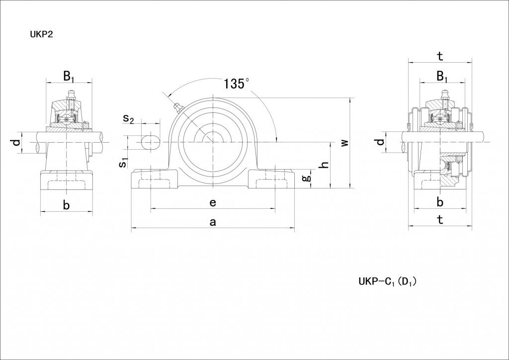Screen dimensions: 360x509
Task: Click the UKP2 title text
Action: tap(42, 34)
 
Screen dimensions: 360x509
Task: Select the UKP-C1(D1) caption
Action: tap(387, 281)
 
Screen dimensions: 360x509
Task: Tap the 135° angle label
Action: tap(236, 84)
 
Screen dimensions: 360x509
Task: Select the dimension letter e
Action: tap(213, 202)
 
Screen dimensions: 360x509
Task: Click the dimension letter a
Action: tap(213, 222)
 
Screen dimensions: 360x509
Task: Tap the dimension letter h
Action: tap(324, 165)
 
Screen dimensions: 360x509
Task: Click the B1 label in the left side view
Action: tap(69, 76)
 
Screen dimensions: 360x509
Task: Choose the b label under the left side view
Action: tap(66, 205)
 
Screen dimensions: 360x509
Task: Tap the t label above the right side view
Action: tap(440, 56)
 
